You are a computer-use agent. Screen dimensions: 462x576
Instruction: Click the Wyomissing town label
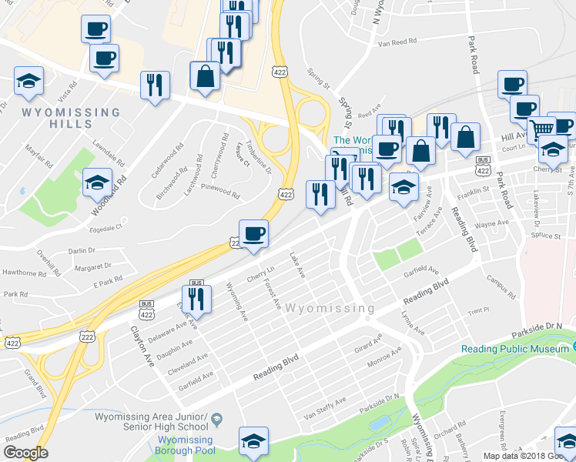click(330, 309)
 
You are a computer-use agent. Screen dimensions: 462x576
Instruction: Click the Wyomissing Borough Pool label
click(185, 445)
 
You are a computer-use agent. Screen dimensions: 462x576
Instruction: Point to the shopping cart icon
click(544, 129)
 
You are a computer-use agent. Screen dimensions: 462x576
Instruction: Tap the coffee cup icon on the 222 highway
click(253, 233)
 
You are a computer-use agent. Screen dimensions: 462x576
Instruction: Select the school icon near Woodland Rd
click(97, 183)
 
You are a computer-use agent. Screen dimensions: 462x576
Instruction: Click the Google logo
click(25, 453)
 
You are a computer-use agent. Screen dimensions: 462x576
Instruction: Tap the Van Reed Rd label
click(397, 42)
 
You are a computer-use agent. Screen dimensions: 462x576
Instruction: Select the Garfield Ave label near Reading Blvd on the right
click(423, 271)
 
